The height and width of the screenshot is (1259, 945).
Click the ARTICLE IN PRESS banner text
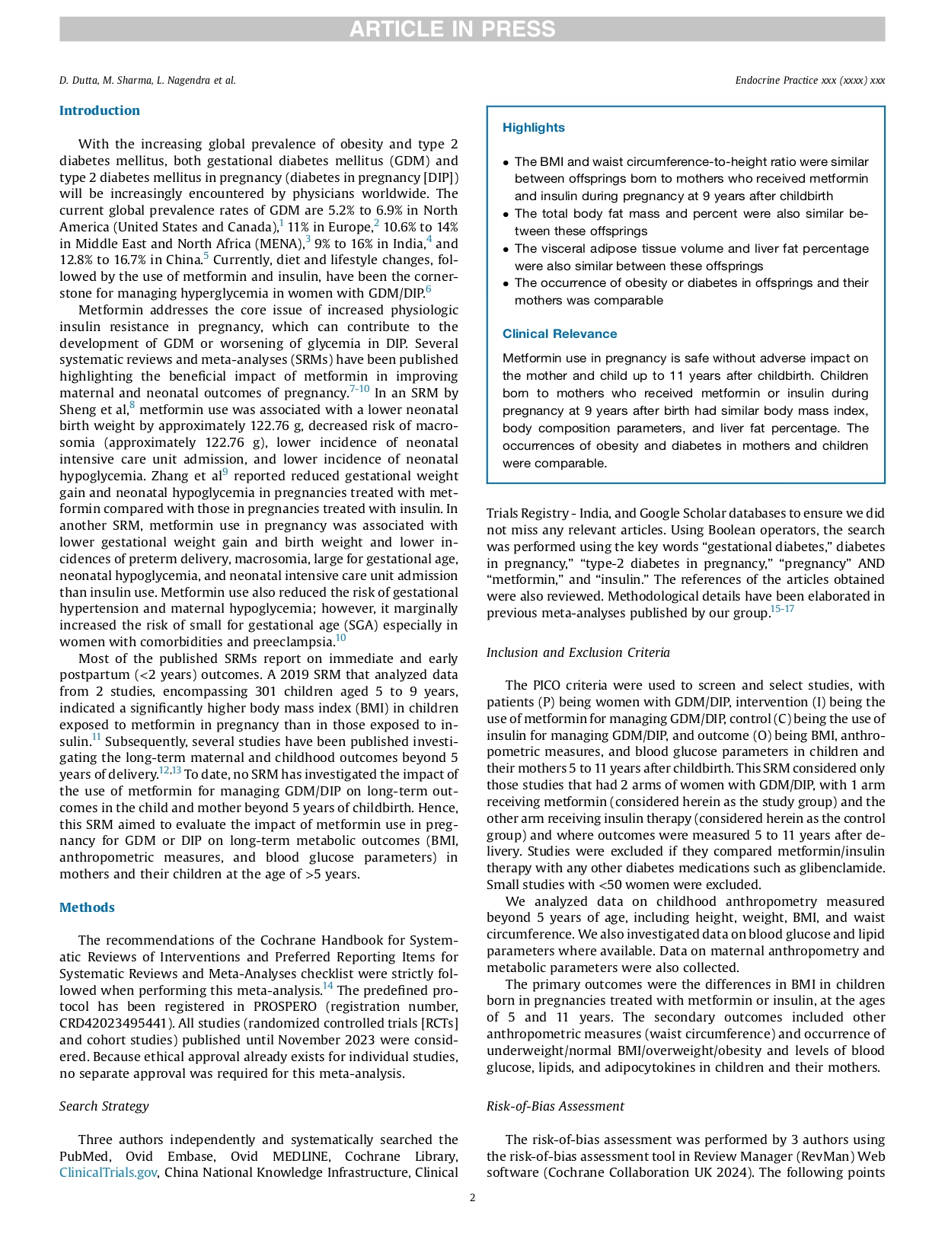pos(452,29)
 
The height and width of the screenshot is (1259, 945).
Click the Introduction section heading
pos(100,110)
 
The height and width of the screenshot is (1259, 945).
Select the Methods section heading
pos(87,907)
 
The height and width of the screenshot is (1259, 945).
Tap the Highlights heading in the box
pos(533,128)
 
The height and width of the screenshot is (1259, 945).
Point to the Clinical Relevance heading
pos(560,333)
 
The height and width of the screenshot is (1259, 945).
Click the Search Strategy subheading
pos(104,1106)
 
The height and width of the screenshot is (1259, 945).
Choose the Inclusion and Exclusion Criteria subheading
pos(578,652)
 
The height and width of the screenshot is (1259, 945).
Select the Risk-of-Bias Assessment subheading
pos(555,1106)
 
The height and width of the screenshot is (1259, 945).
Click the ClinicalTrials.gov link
pos(108,1173)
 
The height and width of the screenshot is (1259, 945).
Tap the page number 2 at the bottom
pos(472,1197)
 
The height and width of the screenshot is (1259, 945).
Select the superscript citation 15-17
pos(782,609)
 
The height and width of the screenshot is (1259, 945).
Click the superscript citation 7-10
pos(359,389)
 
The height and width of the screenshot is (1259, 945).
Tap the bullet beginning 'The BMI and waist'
pos(506,163)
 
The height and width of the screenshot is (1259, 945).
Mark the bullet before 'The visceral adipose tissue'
pos(506,250)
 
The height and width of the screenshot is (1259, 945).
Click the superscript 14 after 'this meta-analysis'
pos(327,986)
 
